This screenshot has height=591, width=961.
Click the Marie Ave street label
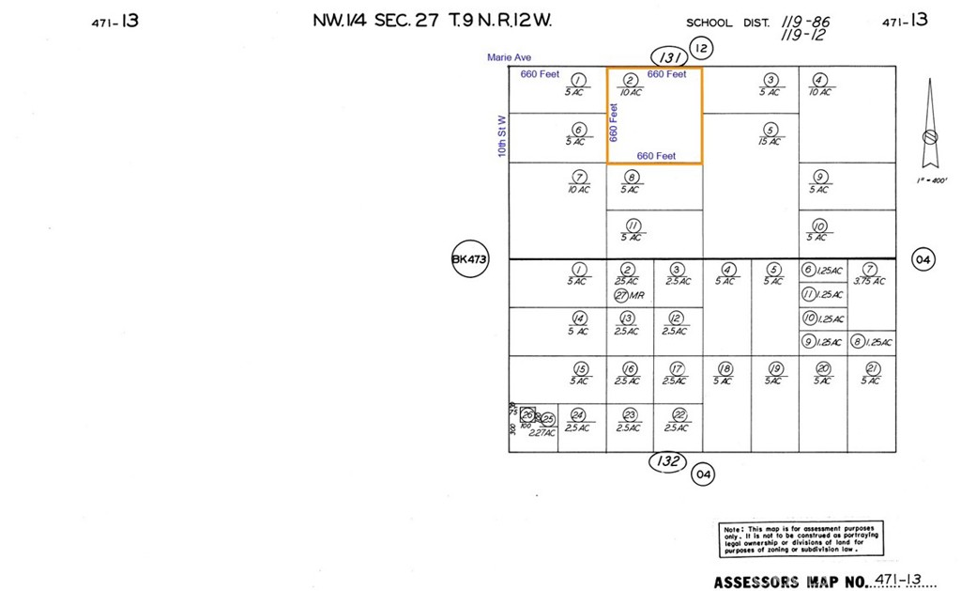pyautogui.click(x=509, y=58)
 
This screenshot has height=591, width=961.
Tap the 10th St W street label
pyautogui.click(x=502, y=136)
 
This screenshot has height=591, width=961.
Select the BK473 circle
pyautogui.click(x=470, y=259)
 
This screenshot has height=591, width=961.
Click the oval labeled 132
pyautogui.click(x=668, y=461)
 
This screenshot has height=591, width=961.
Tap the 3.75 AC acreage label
pyautogui.click(x=871, y=281)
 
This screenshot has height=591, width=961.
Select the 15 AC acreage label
pyautogui.click(x=770, y=142)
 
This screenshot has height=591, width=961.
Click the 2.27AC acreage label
pyautogui.click(x=542, y=433)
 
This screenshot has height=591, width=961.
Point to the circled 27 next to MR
pyautogui.click(x=620, y=295)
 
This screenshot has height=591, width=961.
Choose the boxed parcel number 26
pyautogui.click(x=527, y=415)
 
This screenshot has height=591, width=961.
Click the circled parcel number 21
pyautogui.click(x=872, y=368)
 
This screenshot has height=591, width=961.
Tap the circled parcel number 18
pyautogui.click(x=725, y=368)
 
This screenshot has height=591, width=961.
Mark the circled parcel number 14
pyautogui.click(x=579, y=319)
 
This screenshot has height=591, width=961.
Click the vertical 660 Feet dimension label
pyautogui.click(x=615, y=122)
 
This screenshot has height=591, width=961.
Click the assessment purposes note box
pyautogui.click(x=801, y=541)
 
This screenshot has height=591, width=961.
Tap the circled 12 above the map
pyautogui.click(x=699, y=47)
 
